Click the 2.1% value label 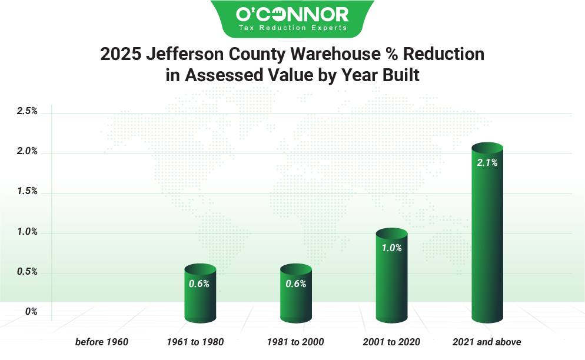pos(487,163)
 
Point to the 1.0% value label pos(391,248)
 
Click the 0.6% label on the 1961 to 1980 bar pos(199,284)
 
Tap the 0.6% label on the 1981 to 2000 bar pos(295,284)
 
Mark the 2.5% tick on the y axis pos(28,111)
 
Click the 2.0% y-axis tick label pos(28,152)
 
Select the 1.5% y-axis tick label pos(28,192)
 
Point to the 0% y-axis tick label pos(31,312)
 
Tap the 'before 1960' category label pos(101,342)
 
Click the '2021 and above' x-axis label pos(487,342)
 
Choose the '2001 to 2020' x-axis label pos(391,342)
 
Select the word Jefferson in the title pos(182,54)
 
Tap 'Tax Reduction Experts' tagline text pos(292,28)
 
